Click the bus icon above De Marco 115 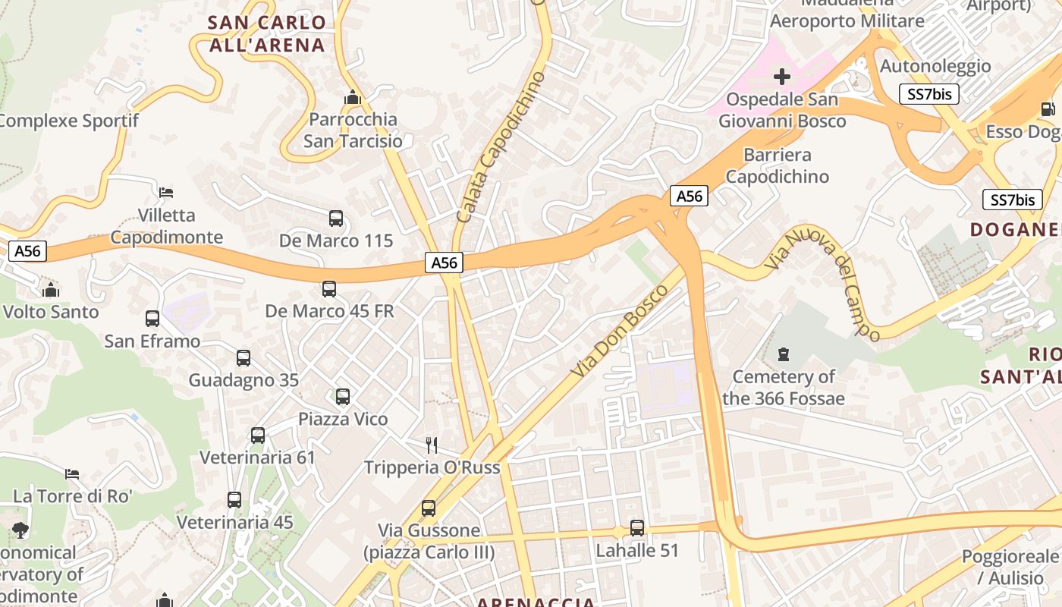(336, 219)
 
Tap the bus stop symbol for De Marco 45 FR (329, 289)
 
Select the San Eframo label (152, 341)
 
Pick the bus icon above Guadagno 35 (244, 358)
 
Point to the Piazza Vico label (343, 419)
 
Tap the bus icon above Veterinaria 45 (234, 500)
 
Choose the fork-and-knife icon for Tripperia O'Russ (432, 445)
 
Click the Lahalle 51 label (637, 550)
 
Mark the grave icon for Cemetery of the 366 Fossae (783, 354)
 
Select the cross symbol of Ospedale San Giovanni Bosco (782, 77)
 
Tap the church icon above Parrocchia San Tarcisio (352, 97)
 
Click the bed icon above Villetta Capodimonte (166, 192)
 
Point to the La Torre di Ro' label (73, 496)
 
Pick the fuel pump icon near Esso (1048, 109)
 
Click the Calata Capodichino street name (501, 148)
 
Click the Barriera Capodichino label (778, 165)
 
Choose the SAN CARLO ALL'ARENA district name (267, 33)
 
